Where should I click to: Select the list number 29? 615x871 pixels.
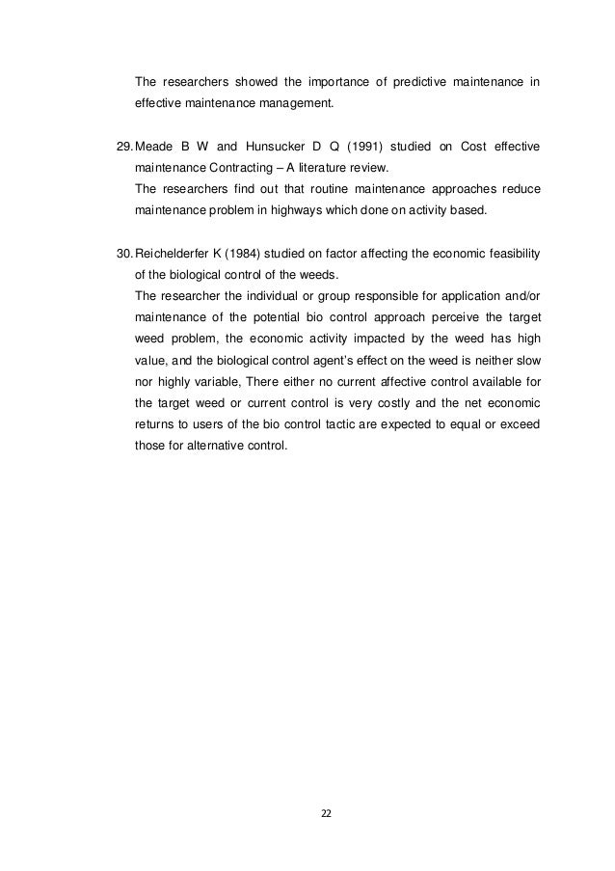point(123,147)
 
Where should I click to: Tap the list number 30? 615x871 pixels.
point(123,255)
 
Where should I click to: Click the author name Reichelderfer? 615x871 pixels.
point(182,255)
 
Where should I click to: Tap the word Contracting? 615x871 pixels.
point(239,167)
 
